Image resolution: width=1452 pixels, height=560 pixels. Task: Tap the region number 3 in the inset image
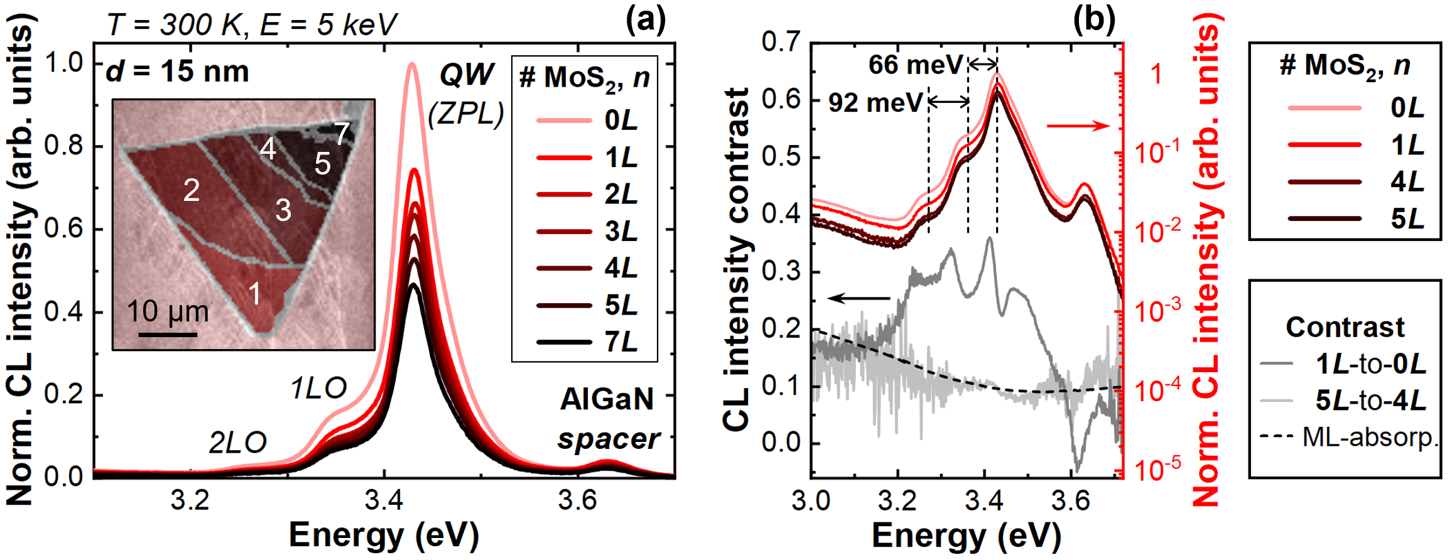pyautogui.click(x=283, y=210)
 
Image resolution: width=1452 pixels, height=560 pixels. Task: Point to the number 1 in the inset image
pyautogui.click(x=255, y=293)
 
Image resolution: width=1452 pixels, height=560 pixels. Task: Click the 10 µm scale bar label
pyautogui.click(x=168, y=311)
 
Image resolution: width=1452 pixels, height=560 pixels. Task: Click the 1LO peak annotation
pyautogui.click(x=318, y=389)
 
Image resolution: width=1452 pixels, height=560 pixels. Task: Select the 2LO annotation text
pyautogui.click(x=237, y=444)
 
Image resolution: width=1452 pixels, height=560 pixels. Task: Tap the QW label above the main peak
pyautogui.click(x=466, y=75)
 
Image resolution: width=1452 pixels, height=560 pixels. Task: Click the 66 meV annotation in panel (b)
pyautogui.click(x=915, y=65)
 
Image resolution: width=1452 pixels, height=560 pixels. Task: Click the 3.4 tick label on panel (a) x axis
pyautogui.click(x=384, y=501)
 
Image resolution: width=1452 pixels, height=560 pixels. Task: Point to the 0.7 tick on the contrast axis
pyautogui.click(x=781, y=43)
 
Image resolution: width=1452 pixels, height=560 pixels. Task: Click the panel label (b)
pyautogui.click(x=1093, y=21)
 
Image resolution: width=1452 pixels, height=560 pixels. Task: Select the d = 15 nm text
pyautogui.click(x=178, y=72)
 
